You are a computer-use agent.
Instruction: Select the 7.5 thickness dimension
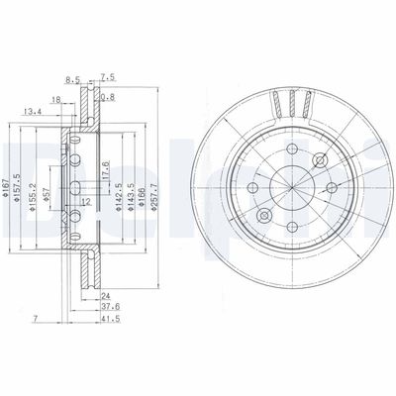click(109, 74)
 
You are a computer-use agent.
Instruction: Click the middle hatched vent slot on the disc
click(291, 98)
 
